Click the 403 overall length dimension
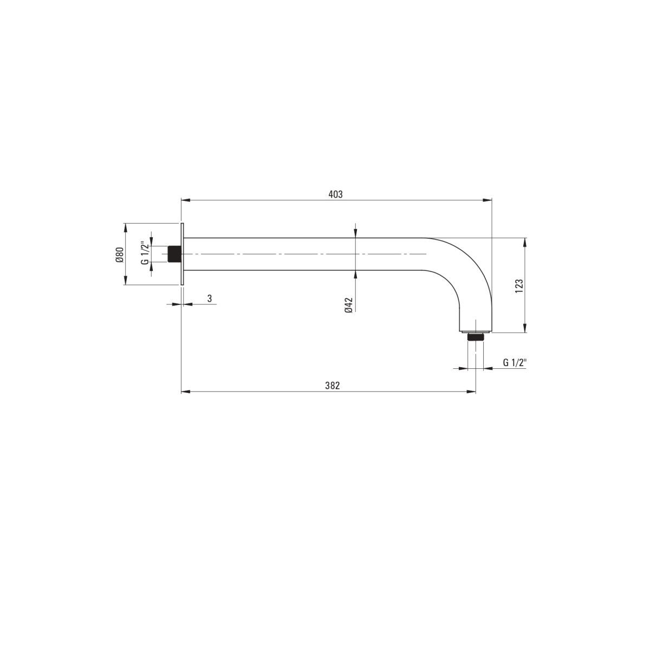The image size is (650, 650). pos(335,194)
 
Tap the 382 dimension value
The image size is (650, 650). pos(332,386)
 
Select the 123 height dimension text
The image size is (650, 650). pos(519,285)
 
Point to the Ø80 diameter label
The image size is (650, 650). pos(119,255)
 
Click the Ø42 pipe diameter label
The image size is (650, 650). pos(349,305)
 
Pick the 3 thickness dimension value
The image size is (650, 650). pos(210,298)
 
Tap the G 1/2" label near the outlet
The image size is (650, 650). pos(515,362)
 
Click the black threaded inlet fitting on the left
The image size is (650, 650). pos(174,254)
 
